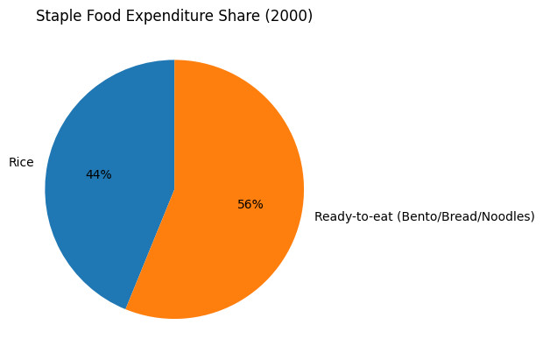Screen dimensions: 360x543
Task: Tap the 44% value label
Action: [98, 175]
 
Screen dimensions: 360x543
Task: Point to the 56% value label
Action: [250, 204]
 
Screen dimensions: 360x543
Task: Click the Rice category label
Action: [21, 162]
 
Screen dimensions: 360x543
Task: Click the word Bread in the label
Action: [459, 216]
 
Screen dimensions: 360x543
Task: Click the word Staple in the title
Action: [55, 16]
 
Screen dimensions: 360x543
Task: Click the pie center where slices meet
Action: [174, 189]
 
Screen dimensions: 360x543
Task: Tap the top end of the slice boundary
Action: [174, 60]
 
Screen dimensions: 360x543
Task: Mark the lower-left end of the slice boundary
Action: [126, 309]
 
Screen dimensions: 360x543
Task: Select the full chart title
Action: [174, 16]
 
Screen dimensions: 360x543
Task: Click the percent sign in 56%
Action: [257, 204]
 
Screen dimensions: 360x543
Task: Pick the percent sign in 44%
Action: [106, 175]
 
